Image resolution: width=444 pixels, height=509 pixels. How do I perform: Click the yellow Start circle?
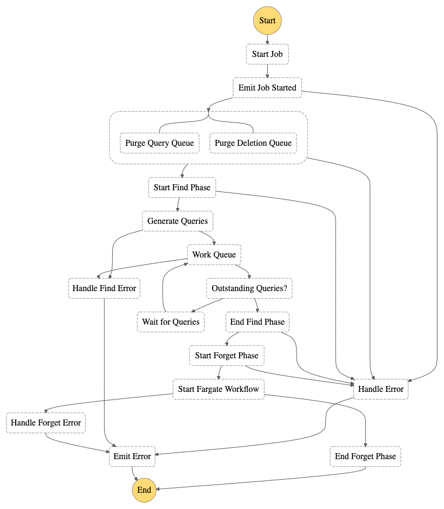click(267, 21)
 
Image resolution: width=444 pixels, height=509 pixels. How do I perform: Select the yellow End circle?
click(144, 490)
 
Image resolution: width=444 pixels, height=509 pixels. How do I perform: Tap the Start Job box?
click(267, 54)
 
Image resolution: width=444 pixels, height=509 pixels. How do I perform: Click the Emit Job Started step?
click(267, 88)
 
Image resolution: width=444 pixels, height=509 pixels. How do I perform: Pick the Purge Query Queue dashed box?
click(159, 143)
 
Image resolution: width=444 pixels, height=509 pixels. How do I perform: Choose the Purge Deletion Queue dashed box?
click(253, 143)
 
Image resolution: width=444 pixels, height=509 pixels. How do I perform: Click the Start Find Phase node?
click(182, 188)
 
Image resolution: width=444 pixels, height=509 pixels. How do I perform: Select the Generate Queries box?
click(177, 221)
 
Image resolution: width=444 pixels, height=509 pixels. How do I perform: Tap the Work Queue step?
click(214, 255)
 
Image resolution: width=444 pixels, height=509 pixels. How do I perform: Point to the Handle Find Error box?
click(104, 288)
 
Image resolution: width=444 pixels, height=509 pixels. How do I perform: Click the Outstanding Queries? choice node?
click(249, 288)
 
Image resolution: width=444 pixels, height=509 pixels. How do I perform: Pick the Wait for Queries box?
click(171, 322)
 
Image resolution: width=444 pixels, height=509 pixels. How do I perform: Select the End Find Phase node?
click(257, 322)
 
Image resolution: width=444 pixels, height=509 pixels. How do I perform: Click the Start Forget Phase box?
click(227, 356)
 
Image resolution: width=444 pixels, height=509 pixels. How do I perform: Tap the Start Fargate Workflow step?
click(218, 389)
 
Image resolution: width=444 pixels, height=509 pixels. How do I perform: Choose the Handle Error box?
click(381, 389)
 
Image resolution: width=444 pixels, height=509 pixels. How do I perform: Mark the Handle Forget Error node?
click(46, 423)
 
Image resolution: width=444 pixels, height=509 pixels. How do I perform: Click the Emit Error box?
click(132, 456)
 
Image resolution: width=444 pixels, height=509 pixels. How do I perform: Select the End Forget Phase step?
click(365, 456)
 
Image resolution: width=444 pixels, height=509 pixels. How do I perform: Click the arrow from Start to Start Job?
click(267, 39)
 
